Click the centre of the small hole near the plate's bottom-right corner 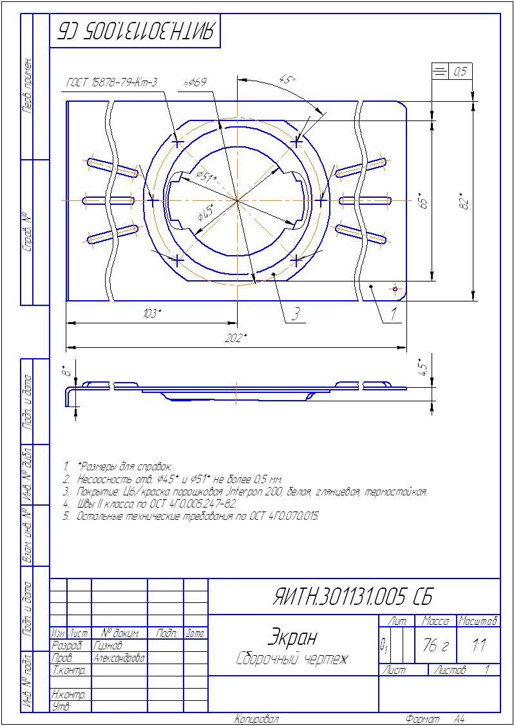coord(395,289)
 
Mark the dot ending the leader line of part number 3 coord(274,274)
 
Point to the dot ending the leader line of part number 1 coord(372,287)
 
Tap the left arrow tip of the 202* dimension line coord(67,347)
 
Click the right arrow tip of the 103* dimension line coord(236,323)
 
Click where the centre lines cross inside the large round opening coord(237,200)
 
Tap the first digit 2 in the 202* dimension coord(228,338)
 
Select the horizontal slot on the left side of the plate coord(109,201)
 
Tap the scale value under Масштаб coord(479,645)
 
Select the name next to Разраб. coord(108,644)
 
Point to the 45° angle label coord(287,79)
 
